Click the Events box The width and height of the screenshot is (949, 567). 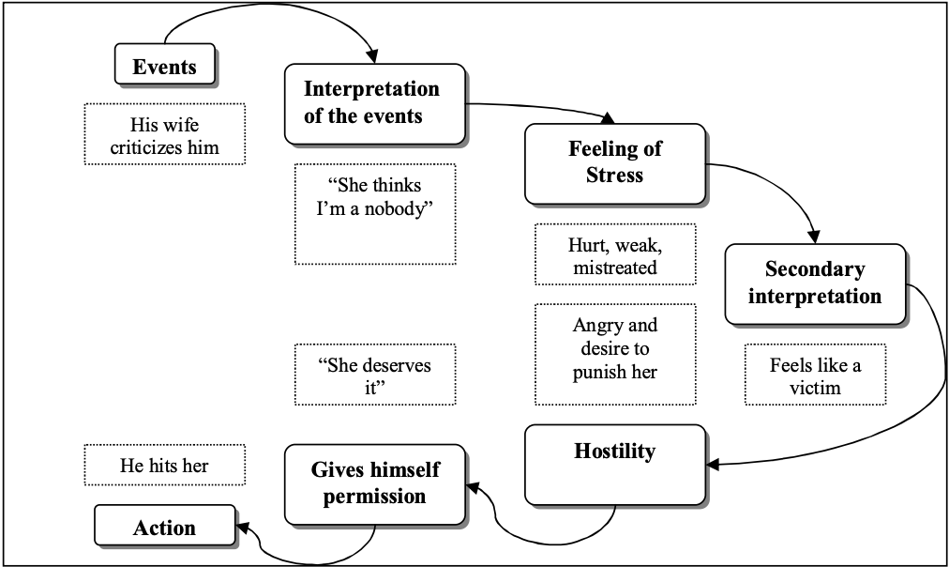pyautogui.click(x=165, y=67)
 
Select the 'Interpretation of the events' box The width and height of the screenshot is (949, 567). pyautogui.click(x=375, y=103)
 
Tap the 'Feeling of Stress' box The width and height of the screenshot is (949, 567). pyautogui.click(x=614, y=162)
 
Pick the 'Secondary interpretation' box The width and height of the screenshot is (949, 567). pyautogui.click(x=815, y=283)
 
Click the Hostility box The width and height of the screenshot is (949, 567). pyautogui.click(x=614, y=464)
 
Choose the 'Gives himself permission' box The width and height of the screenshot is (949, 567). pyautogui.click(x=375, y=483)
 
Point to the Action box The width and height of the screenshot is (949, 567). pyautogui.click(x=164, y=528)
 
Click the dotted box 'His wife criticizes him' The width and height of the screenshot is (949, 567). pyautogui.click(x=164, y=134)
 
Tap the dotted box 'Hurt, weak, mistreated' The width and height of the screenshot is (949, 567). pyautogui.click(x=614, y=254)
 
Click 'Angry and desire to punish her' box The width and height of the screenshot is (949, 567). pyautogui.click(x=614, y=348)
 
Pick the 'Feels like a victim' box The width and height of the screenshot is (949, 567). pyautogui.click(x=815, y=375)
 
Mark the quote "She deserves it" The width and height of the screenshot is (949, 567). pyautogui.click(x=375, y=375)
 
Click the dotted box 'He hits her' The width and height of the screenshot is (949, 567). pyautogui.click(x=164, y=465)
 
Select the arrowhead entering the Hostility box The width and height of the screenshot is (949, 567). pyautogui.click(x=712, y=465)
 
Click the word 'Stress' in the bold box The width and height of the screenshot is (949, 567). pyautogui.click(x=614, y=175)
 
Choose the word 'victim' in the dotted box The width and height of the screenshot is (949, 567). pyautogui.click(x=814, y=388)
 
